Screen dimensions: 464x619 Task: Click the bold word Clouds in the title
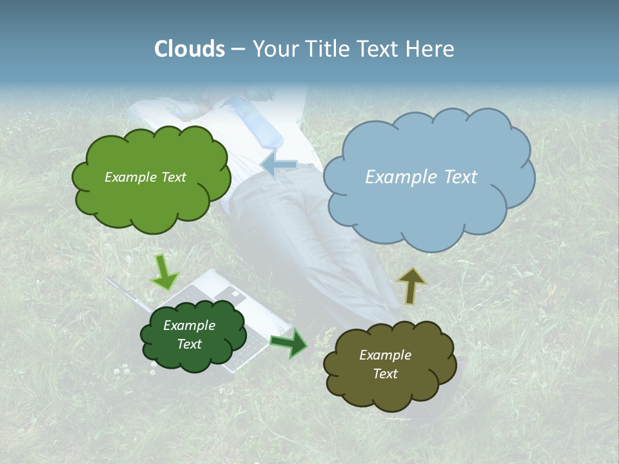[x=189, y=49]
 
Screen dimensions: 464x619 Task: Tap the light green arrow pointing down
[x=164, y=272]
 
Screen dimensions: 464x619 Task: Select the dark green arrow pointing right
[x=289, y=343]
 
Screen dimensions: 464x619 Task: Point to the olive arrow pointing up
[x=411, y=285]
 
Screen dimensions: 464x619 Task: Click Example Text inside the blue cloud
[x=421, y=177]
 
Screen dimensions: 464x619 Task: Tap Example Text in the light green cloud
[x=145, y=177]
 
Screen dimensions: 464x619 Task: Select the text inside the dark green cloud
[x=190, y=335]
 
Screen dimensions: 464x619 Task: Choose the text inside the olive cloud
[x=386, y=365]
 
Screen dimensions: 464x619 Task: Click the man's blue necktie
[x=258, y=119]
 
